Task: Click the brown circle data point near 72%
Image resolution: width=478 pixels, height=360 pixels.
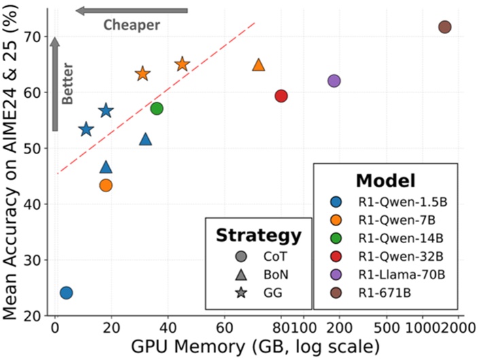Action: (445, 27)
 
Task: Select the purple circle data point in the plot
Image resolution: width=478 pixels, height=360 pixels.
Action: (334, 81)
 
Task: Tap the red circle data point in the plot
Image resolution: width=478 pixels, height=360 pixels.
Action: (281, 96)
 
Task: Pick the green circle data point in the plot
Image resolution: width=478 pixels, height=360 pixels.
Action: (156, 108)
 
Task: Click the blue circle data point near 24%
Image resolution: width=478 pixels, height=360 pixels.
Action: (66, 293)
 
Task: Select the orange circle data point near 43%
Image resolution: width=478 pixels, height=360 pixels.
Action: (105, 185)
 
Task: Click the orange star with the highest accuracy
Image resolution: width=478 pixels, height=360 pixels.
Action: (182, 65)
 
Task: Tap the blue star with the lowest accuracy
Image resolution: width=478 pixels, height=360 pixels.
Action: (86, 130)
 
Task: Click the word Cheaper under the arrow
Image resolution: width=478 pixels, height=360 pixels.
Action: (131, 25)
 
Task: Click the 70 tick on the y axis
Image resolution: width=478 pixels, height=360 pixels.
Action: (33, 37)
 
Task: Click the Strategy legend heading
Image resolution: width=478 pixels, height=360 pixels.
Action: (258, 236)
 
